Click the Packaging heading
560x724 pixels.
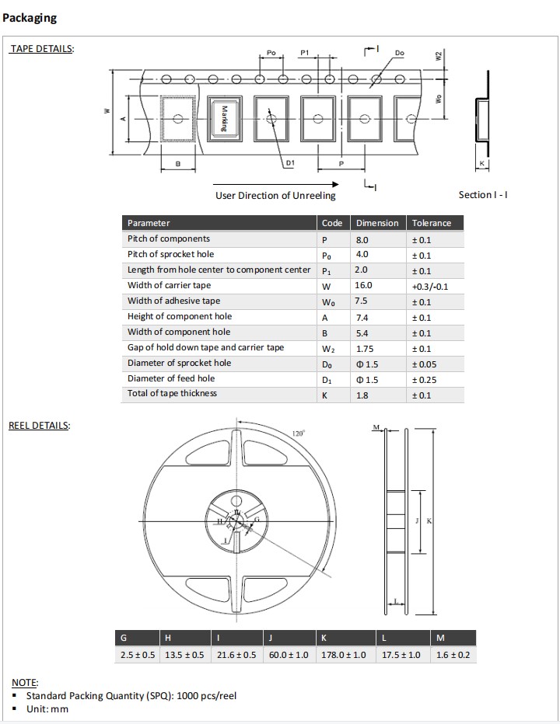click(x=30, y=18)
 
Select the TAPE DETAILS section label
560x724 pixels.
click(x=41, y=49)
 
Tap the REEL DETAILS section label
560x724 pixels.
click(x=39, y=426)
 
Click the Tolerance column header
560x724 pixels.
click(x=431, y=223)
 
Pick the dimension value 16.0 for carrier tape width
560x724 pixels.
click(x=364, y=285)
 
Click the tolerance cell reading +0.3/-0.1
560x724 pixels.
click(x=429, y=286)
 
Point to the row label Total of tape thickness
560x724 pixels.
click(x=172, y=393)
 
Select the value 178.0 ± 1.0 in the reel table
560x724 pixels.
click(x=343, y=655)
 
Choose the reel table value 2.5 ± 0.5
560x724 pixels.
click(x=137, y=655)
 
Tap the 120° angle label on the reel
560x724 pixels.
click(x=298, y=434)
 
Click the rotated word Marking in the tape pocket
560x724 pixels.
click(x=223, y=119)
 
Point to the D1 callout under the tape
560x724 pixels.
click(x=289, y=163)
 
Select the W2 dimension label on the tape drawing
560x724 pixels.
click(x=439, y=57)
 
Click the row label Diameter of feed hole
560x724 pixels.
click(x=171, y=378)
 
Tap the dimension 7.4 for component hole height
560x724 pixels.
click(x=362, y=317)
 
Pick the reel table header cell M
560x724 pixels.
click(x=441, y=638)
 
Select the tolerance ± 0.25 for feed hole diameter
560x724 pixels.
click(x=423, y=379)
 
